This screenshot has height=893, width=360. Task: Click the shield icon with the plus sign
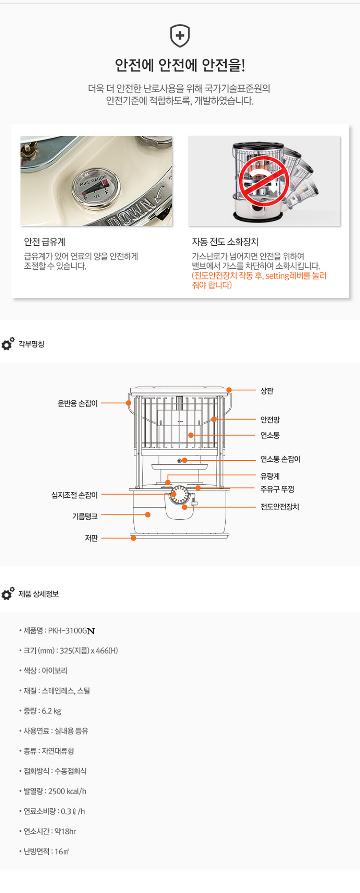180,36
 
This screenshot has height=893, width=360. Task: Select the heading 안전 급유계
44,242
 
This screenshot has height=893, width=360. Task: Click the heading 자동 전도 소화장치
225,242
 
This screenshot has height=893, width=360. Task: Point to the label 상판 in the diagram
267,391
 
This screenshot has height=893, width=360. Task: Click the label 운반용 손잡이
77,403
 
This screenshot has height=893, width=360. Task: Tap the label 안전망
270,419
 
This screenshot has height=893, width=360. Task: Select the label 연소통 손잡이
280,459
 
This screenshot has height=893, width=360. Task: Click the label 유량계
270,476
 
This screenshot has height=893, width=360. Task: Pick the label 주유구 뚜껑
277,489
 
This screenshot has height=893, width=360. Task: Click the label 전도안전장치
279,507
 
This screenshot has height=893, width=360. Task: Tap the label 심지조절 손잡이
74,495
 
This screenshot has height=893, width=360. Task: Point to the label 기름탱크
84,516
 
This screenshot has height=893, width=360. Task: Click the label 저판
91,538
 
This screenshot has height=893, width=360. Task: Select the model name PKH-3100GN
71,630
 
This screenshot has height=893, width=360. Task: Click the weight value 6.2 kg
52,711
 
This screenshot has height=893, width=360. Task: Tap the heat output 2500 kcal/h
67,791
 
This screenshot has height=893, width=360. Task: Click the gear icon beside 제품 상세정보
8,594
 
